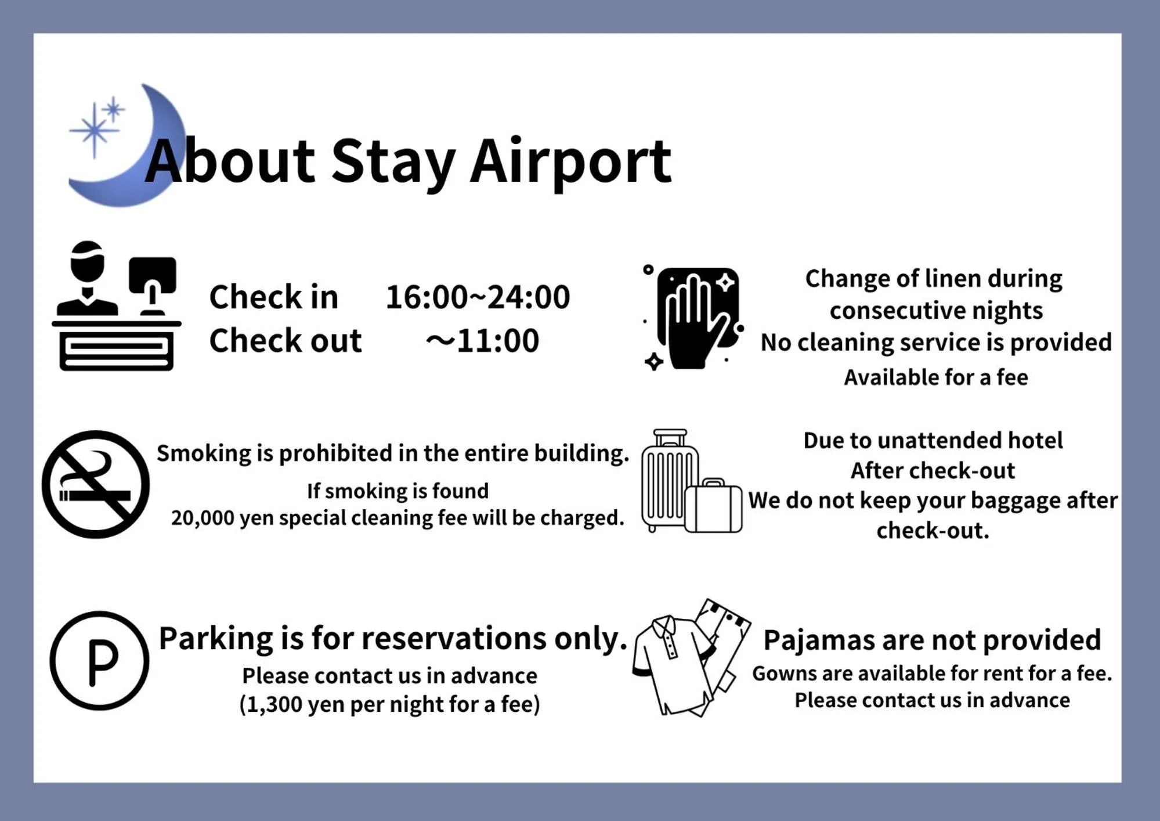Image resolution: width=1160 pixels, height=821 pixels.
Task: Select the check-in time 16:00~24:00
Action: [478, 297]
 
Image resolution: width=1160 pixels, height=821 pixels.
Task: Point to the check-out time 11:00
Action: [497, 340]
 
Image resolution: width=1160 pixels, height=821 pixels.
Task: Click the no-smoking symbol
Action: [96, 484]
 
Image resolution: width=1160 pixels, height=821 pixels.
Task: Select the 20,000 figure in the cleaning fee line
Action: [202, 518]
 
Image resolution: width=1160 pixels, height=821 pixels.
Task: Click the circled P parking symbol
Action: [99, 661]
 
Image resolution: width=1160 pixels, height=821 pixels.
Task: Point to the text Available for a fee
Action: [935, 377]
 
